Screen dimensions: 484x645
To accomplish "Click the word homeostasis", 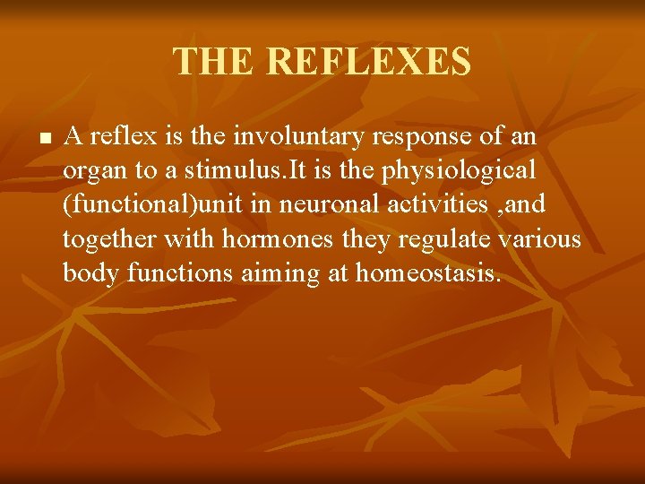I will pyautogui.click(x=426, y=272).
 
